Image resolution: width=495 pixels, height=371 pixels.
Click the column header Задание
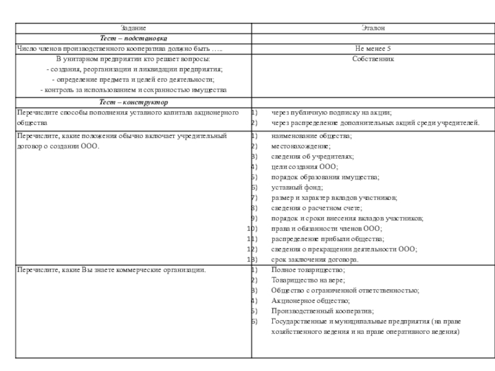coord(133,28)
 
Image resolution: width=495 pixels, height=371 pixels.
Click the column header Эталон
coord(372,28)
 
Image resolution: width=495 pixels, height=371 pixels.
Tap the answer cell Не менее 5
coord(372,49)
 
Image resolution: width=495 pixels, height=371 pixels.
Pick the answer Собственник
coord(372,59)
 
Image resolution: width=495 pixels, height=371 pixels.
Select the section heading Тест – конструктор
coord(133,102)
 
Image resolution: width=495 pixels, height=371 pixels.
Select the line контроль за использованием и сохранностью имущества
coord(133,90)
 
